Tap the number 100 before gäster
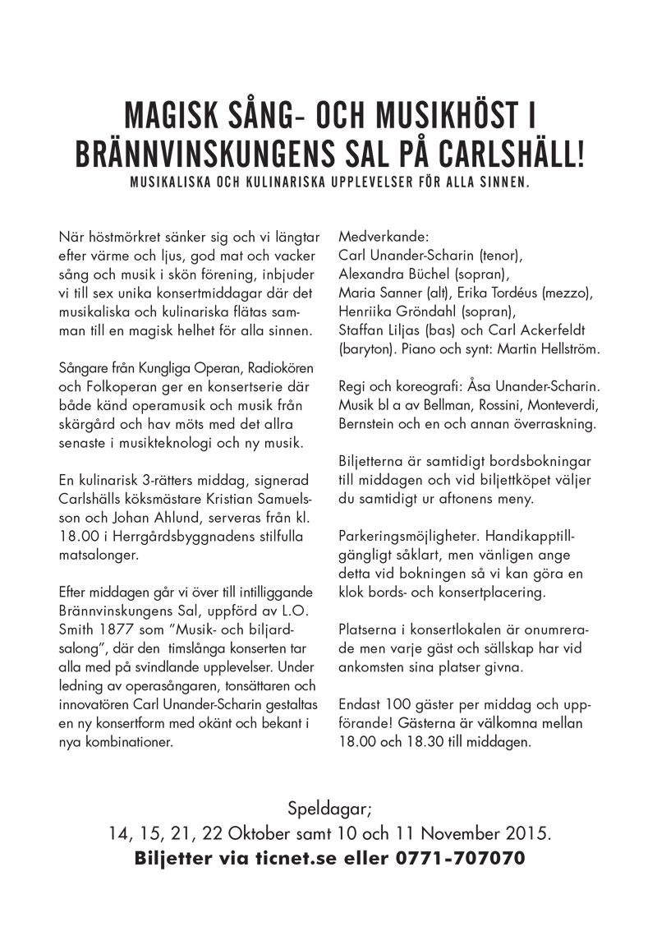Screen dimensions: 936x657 click(x=397, y=704)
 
